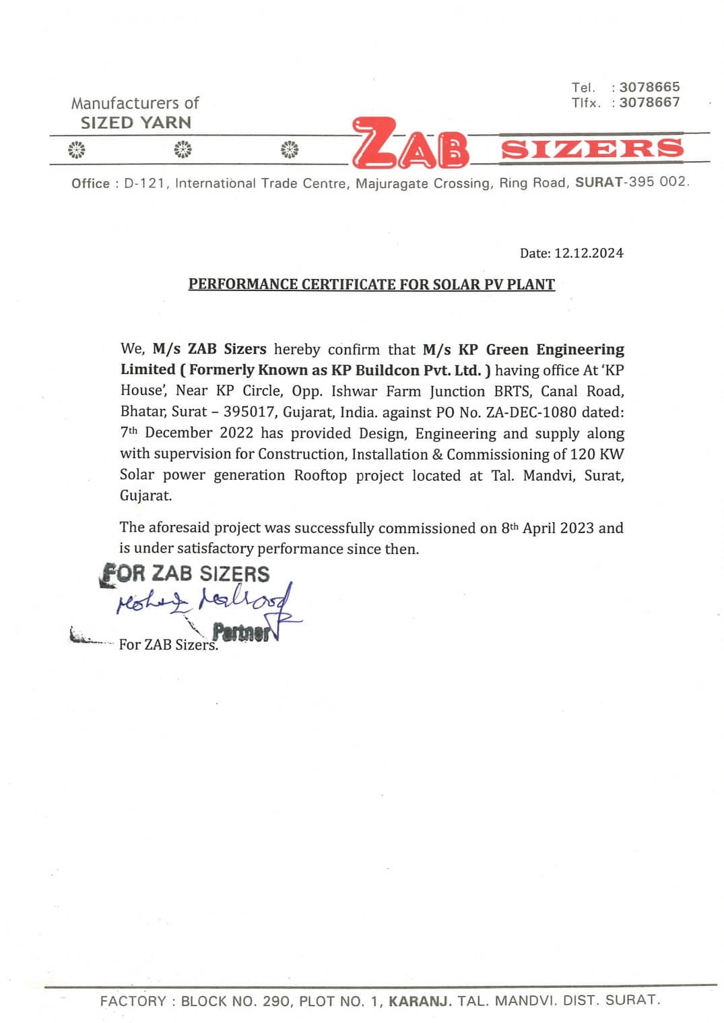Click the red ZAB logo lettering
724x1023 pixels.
(409, 144)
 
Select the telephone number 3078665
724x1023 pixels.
(649, 87)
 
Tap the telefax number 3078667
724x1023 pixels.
(649, 102)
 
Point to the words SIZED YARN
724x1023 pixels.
(136, 123)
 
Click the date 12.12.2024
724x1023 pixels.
(589, 253)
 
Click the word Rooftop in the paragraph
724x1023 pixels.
(321, 475)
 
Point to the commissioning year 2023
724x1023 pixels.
(577, 528)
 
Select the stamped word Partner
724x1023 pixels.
(240, 633)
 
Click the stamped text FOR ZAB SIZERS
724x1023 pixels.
(185, 573)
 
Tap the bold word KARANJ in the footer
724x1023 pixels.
(420, 1001)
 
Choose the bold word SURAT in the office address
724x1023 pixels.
(599, 183)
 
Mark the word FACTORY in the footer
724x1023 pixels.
(133, 1001)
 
